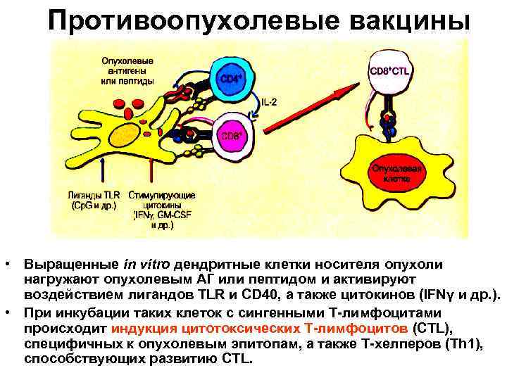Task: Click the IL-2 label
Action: pos(269,102)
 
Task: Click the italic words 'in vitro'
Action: pos(147,265)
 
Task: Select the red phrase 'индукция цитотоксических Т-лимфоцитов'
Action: pos(258,328)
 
